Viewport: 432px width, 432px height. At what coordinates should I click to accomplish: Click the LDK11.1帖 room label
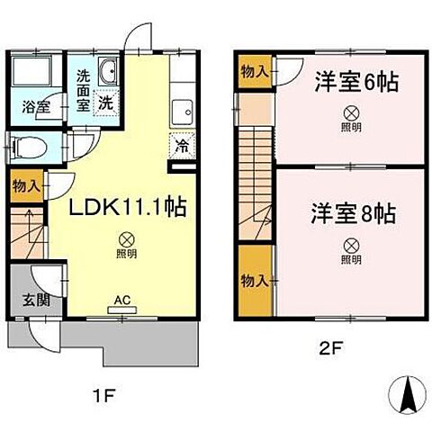pos(130,208)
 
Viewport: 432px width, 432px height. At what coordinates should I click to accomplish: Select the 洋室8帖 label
pos(355,215)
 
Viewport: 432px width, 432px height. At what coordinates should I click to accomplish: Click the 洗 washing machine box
pos(106,103)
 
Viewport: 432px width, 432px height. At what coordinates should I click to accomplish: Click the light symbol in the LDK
pos(128,239)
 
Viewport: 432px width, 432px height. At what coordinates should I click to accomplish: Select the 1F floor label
pos(105,396)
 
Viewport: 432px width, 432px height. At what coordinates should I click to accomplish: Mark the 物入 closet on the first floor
pos(25,187)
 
